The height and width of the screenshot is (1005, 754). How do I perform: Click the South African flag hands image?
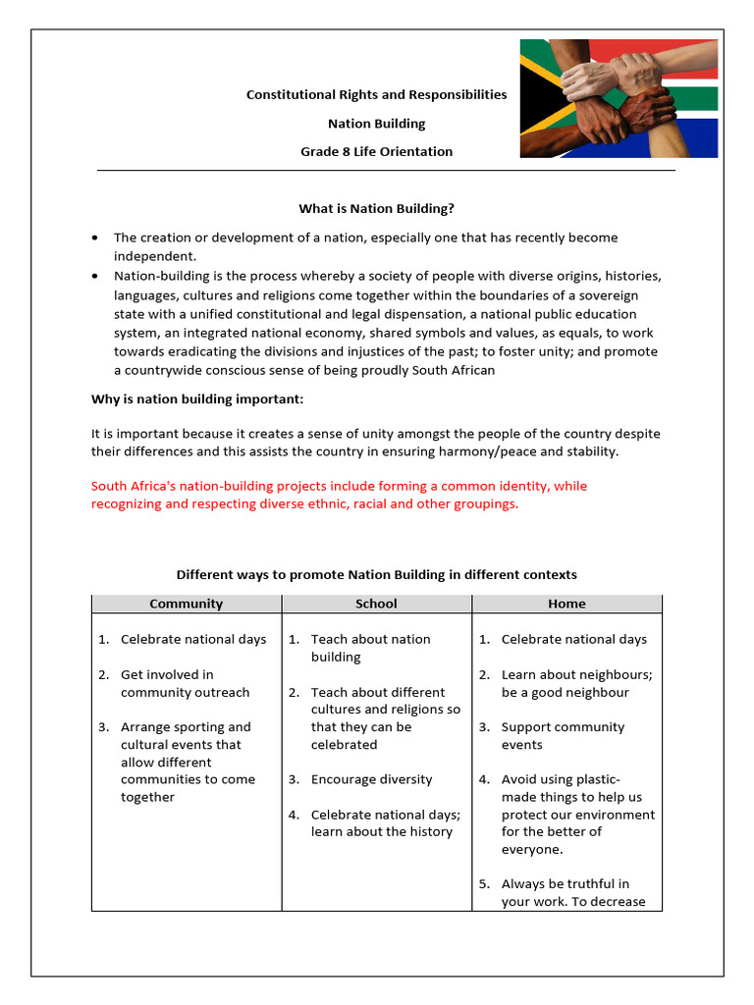coord(619,98)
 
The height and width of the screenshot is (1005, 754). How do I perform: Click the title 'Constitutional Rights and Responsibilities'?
coord(376,95)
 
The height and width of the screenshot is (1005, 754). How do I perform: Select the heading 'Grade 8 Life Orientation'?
coord(376,151)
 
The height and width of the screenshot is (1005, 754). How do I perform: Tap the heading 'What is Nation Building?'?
coord(376,208)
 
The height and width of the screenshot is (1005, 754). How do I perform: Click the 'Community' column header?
coord(186,604)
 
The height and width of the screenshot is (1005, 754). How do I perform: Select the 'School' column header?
coord(376,604)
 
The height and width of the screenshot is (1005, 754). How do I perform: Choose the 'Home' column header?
coord(566,604)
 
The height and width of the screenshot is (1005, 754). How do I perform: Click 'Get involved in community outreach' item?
coord(185,683)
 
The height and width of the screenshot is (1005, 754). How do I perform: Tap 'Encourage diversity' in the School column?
coord(371,779)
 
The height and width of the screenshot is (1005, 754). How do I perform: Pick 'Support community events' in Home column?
coord(563,736)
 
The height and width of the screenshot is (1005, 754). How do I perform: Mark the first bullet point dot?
coord(94,238)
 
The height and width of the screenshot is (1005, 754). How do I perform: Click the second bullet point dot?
coord(94,275)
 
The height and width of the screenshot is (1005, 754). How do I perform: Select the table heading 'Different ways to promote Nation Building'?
coord(376,574)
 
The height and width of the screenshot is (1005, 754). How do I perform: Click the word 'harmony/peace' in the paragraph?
coord(486,452)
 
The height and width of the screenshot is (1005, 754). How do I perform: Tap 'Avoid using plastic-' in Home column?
coord(561,779)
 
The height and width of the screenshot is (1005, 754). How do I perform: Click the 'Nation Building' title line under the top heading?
coord(376,124)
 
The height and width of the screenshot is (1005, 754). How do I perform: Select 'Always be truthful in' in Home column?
coord(565,884)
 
